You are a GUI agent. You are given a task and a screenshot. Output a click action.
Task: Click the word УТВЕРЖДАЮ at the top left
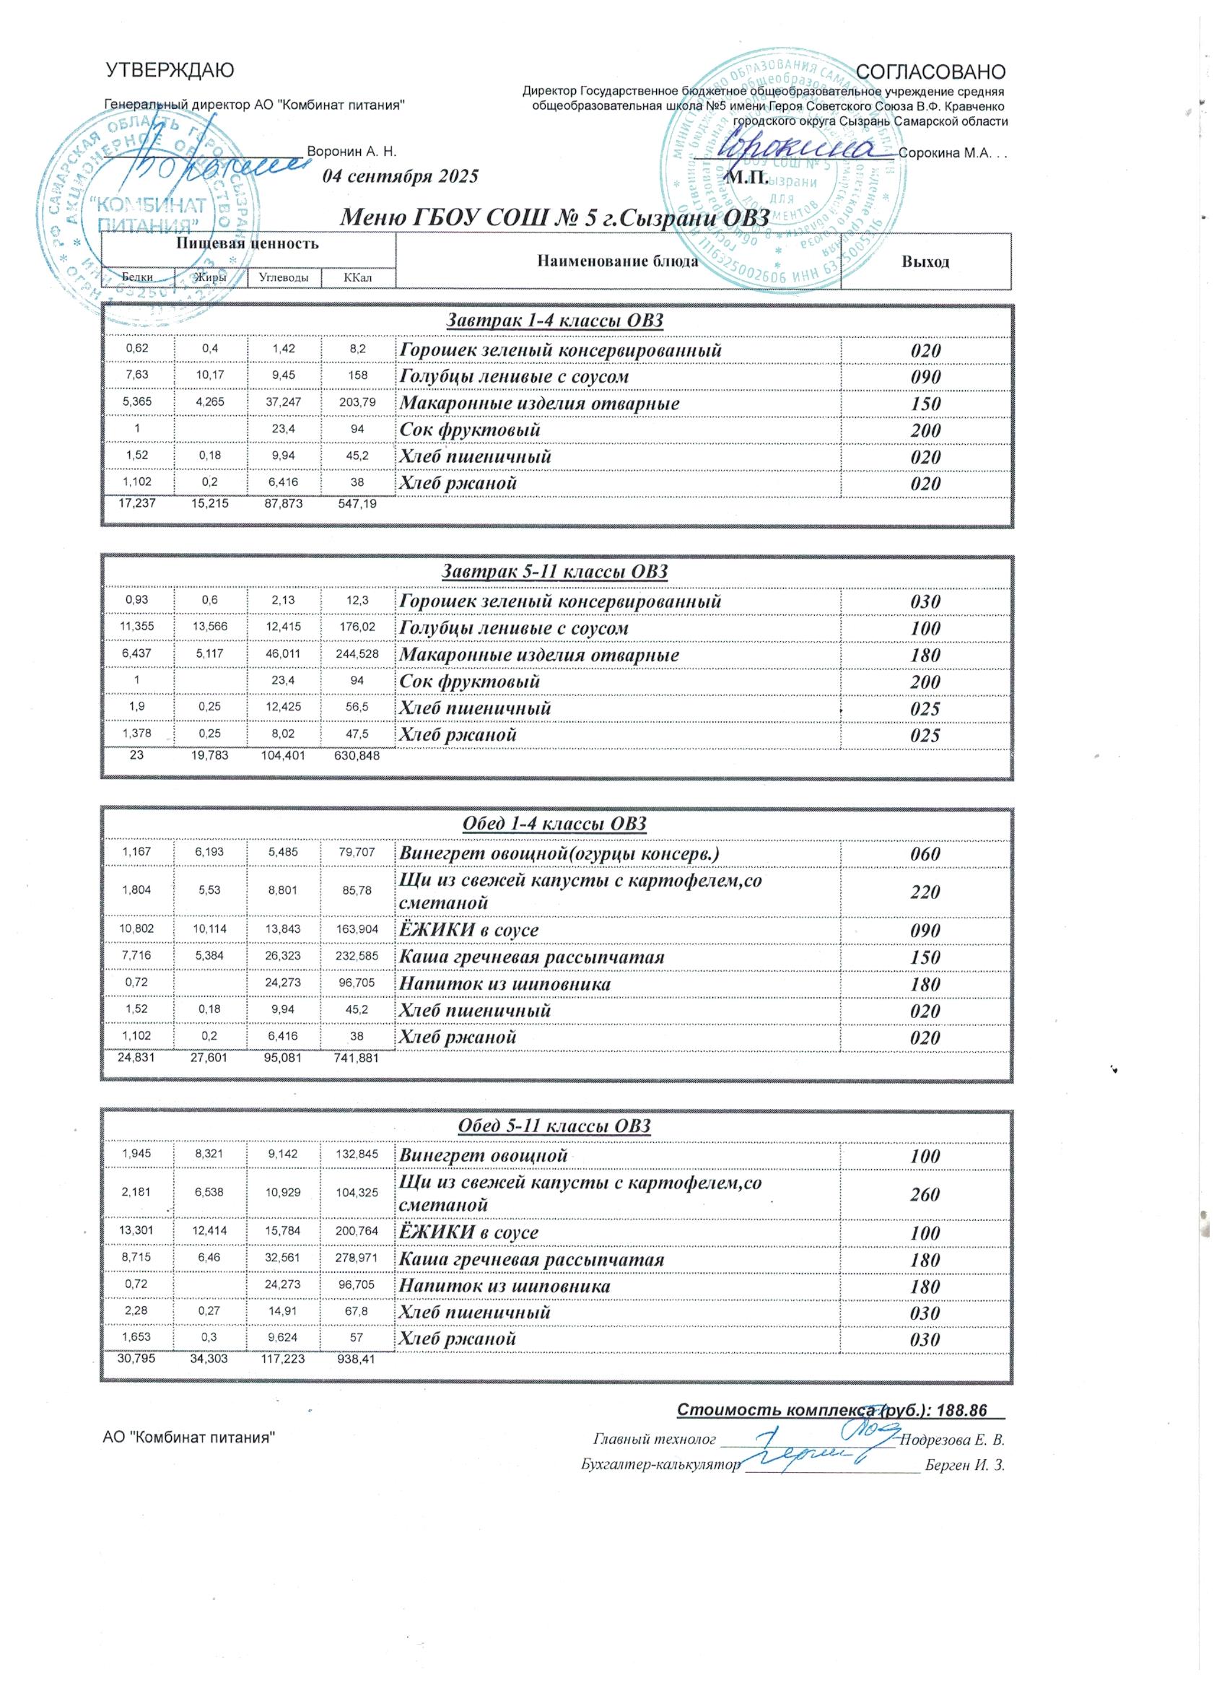click(x=170, y=71)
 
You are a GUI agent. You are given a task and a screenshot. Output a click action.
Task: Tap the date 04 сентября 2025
click(x=401, y=176)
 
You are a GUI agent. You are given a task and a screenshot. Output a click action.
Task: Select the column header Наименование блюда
click(x=617, y=261)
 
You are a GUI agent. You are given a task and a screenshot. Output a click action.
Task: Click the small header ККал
click(x=358, y=279)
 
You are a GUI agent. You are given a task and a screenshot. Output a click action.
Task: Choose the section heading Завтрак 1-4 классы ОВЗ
click(x=554, y=321)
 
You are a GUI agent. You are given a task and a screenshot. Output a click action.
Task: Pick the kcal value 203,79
click(x=358, y=404)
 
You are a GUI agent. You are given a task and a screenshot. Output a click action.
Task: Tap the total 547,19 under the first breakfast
click(x=357, y=505)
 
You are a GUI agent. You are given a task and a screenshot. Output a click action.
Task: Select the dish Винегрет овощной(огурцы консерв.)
click(x=559, y=853)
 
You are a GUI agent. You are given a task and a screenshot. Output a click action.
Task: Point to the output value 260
click(x=925, y=1195)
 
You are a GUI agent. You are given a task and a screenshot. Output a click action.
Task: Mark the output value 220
click(x=925, y=892)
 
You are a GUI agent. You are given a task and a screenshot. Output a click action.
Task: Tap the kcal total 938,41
click(x=357, y=1359)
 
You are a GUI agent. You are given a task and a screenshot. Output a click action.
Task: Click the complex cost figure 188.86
click(x=962, y=1409)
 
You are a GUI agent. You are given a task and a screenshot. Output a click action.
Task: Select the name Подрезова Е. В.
click(x=953, y=1439)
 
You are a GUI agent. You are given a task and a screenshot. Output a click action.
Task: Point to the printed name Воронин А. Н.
click(x=351, y=151)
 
